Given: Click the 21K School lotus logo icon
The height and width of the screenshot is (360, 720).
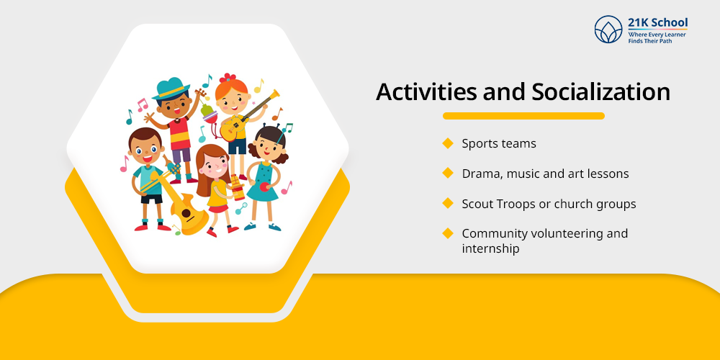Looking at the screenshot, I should tap(608, 30).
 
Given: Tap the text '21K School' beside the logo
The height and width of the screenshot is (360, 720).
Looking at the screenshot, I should tap(657, 22).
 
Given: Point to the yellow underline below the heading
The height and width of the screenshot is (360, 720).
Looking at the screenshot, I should tap(523, 115).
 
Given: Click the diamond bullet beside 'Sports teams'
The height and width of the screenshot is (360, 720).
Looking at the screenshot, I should tap(448, 143).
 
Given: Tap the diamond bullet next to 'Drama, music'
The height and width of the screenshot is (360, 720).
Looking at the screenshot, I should tap(448, 174).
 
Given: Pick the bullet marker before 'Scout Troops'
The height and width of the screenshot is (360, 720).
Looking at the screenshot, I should tap(448, 204).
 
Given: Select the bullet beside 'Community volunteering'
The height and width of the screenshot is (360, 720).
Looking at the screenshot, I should tap(448, 233).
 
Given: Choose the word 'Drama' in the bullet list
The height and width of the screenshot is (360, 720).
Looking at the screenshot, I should tap(480, 174).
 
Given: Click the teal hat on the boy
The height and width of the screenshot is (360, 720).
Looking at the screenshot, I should tap(172, 89).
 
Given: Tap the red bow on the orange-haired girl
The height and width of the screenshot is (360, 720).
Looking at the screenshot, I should tap(228, 78).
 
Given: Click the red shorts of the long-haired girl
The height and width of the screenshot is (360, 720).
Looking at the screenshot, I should tap(217, 208).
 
